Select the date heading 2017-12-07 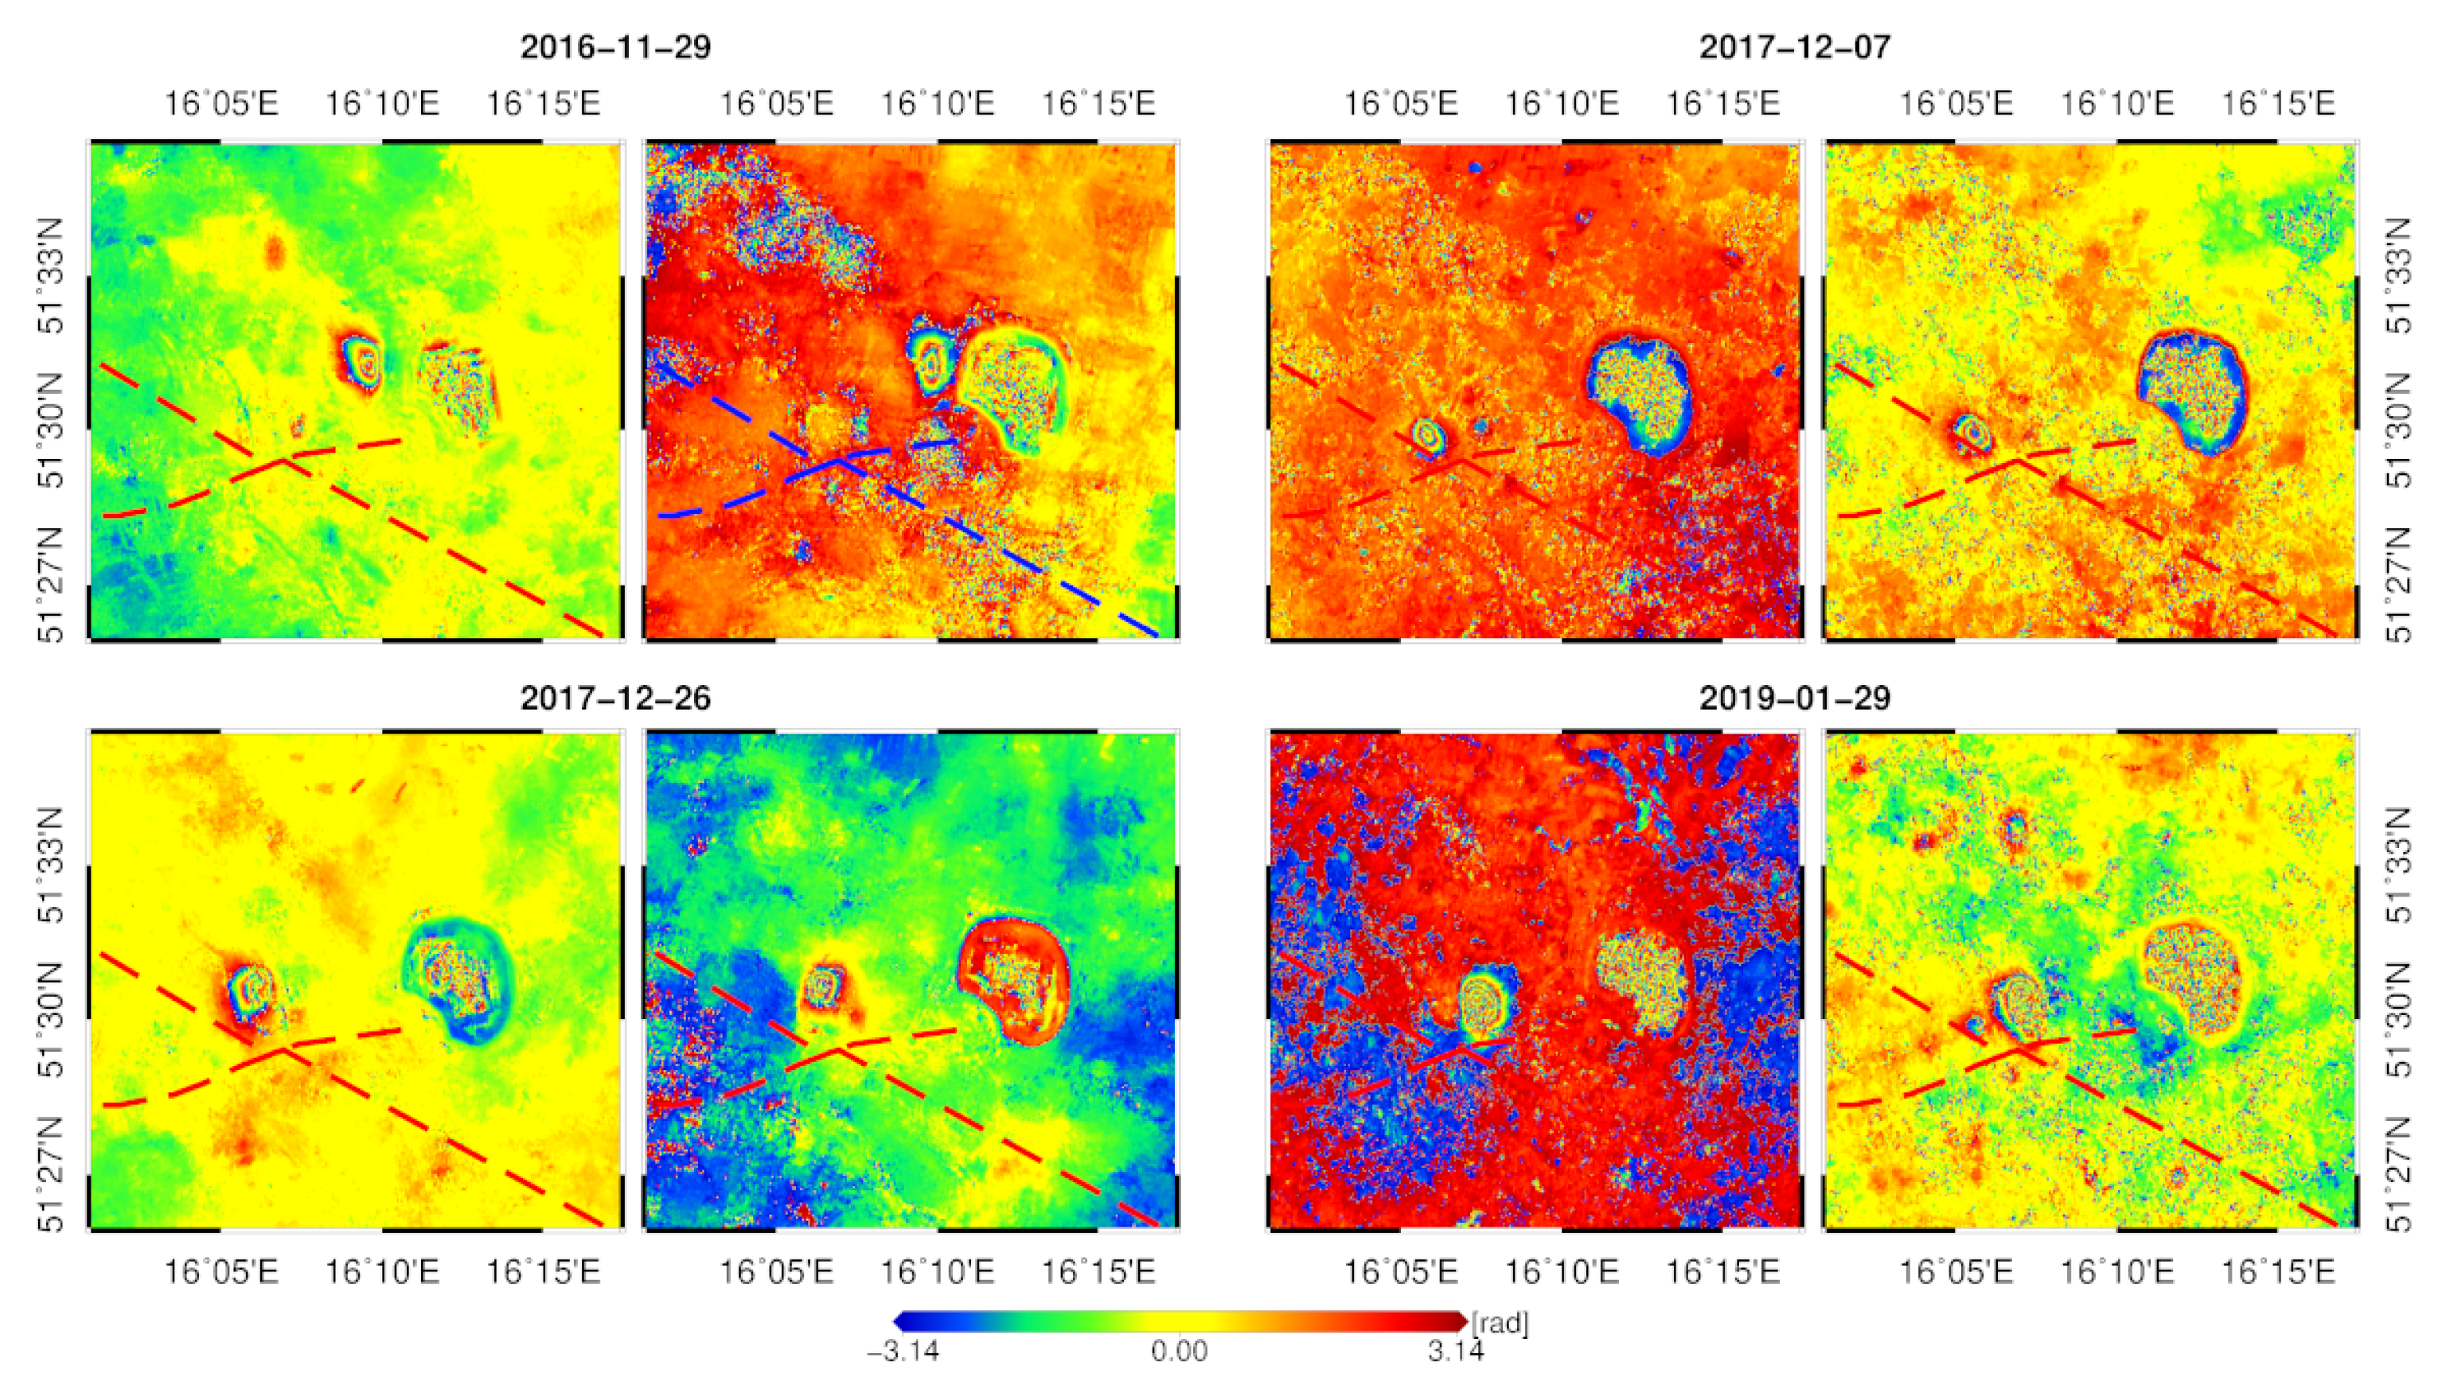point(1794,48)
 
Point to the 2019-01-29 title point(1794,698)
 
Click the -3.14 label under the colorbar point(902,1351)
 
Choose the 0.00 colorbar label point(1179,1351)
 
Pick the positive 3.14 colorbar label point(1455,1351)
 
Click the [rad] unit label point(1500,1323)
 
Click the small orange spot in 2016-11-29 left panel point(275,251)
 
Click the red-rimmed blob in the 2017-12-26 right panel point(1012,978)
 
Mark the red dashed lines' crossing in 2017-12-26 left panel point(283,1050)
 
